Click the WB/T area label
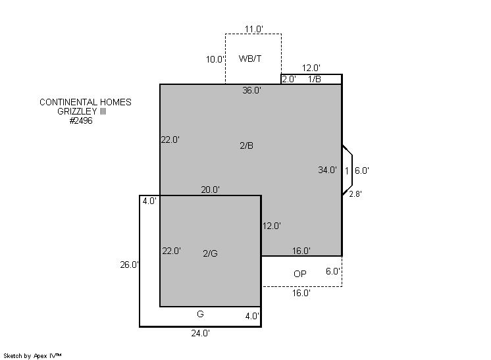250,59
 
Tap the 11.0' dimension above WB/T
253,29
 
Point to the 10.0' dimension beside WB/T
215,59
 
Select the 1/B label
315,79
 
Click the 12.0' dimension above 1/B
311,68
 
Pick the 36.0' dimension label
252,90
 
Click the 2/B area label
246,145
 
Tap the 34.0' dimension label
327,170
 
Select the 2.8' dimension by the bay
355,194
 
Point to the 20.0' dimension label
210,190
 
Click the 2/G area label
210,253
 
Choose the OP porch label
299,274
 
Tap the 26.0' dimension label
129,265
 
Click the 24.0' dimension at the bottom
200,334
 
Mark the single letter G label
200,314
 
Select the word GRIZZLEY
77,111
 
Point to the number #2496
81,120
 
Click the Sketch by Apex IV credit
32,356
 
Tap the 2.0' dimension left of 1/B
289,79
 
